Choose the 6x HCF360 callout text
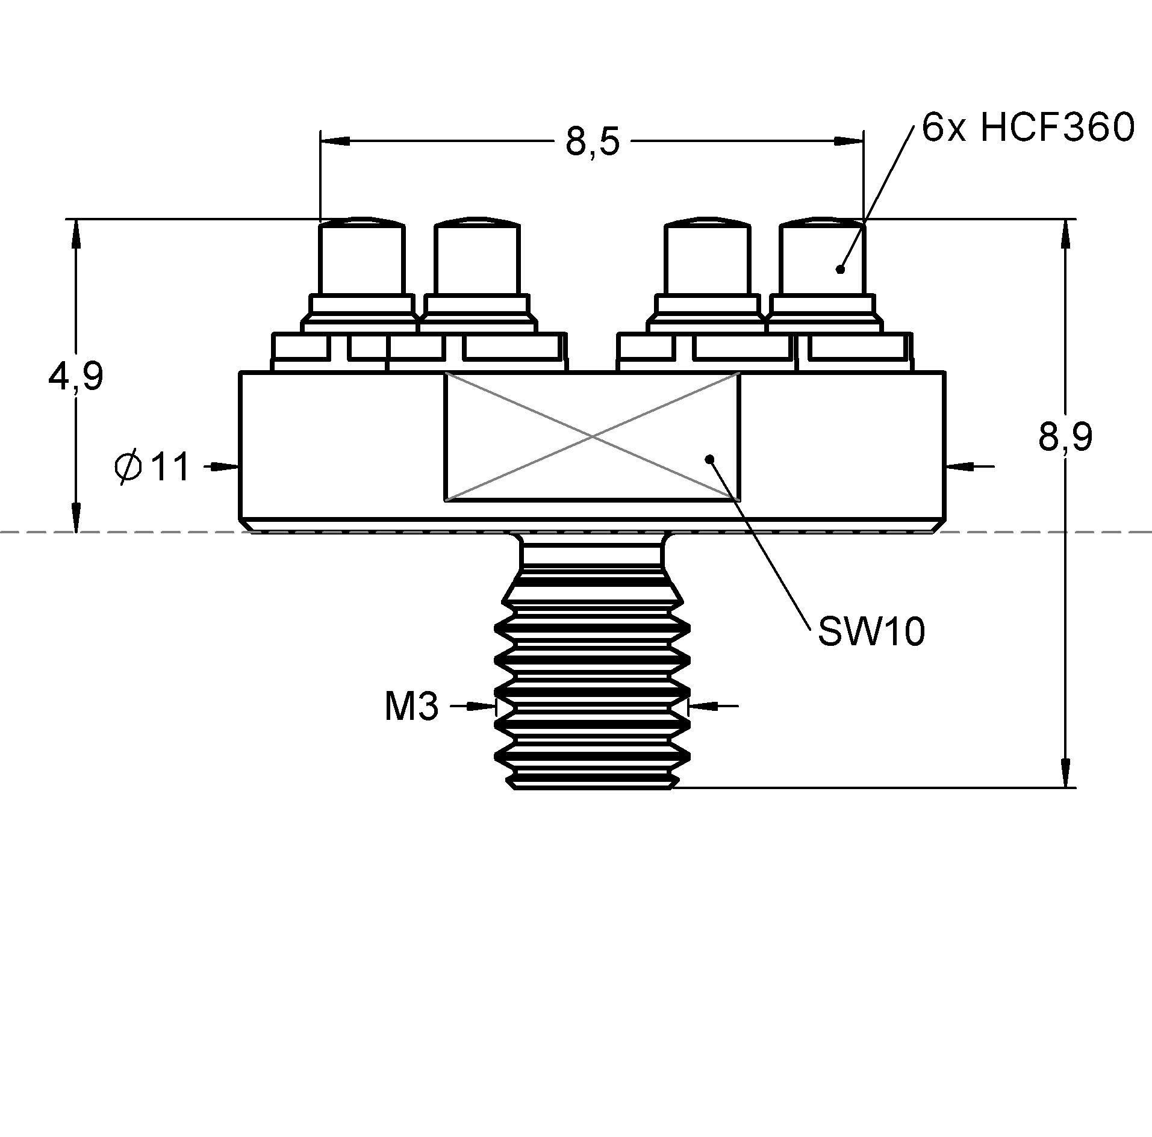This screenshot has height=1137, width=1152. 1028,128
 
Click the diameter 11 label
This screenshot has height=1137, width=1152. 152,468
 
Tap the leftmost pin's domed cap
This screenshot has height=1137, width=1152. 362,221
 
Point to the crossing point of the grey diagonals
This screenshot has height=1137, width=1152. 593,436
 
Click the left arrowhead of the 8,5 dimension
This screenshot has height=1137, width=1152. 335,141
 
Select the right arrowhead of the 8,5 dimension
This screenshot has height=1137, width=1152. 848,141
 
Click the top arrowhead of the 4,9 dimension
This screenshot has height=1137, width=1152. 76,234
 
